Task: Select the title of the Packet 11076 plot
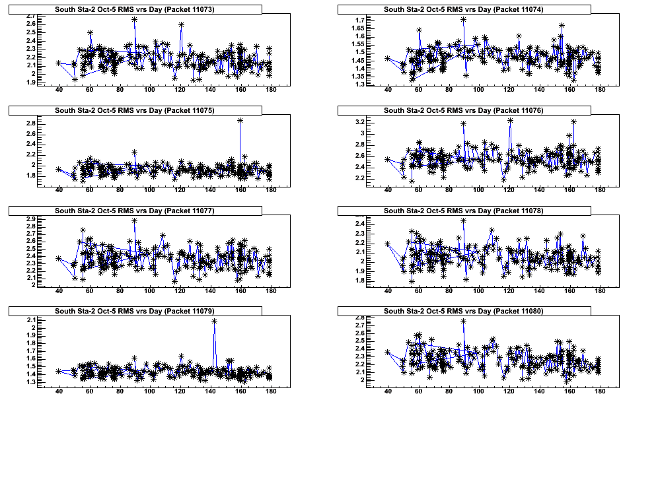pyautogui.click(x=463, y=110)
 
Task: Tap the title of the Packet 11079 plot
pyautogui.click(x=134, y=311)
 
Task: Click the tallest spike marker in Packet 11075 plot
pyautogui.click(x=240, y=120)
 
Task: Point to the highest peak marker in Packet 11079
pyautogui.click(x=215, y=321)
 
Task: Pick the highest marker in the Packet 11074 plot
pyautogui.click(x=463, y=19)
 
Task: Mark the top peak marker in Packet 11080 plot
pyautogui.click(x=463, y=321)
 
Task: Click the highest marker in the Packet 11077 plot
pyautogui.click(x=134, y=220)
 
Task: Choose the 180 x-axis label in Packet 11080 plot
pyautogui.click(x=600, y=391)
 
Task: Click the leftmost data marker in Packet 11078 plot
pyautogui.click(x=388, y=244)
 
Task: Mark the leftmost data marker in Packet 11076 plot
pyautogui.click(x=388, y=159)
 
